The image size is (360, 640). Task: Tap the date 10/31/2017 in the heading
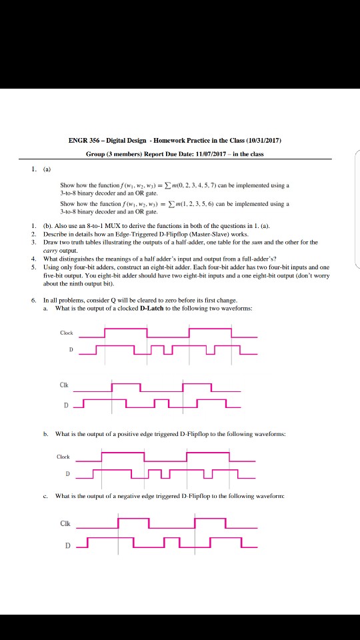pyautogui.click(x=264, y=141)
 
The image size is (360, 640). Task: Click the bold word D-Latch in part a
pyautogui.click(x=152, y=308)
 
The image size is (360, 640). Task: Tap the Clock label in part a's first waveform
pyautogui.click(x=67, y=333)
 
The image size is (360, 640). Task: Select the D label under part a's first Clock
pyautogui.click(x=71, y=350)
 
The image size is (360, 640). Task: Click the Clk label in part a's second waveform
pyautogui.click(x=63, y=385)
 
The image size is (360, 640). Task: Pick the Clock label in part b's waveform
pyautogui.click(x=63, y=456)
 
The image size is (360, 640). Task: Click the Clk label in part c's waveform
pyautogui.click(x=65, y=523)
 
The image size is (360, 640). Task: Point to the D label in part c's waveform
pyautogui.click(x=68, y=546)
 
